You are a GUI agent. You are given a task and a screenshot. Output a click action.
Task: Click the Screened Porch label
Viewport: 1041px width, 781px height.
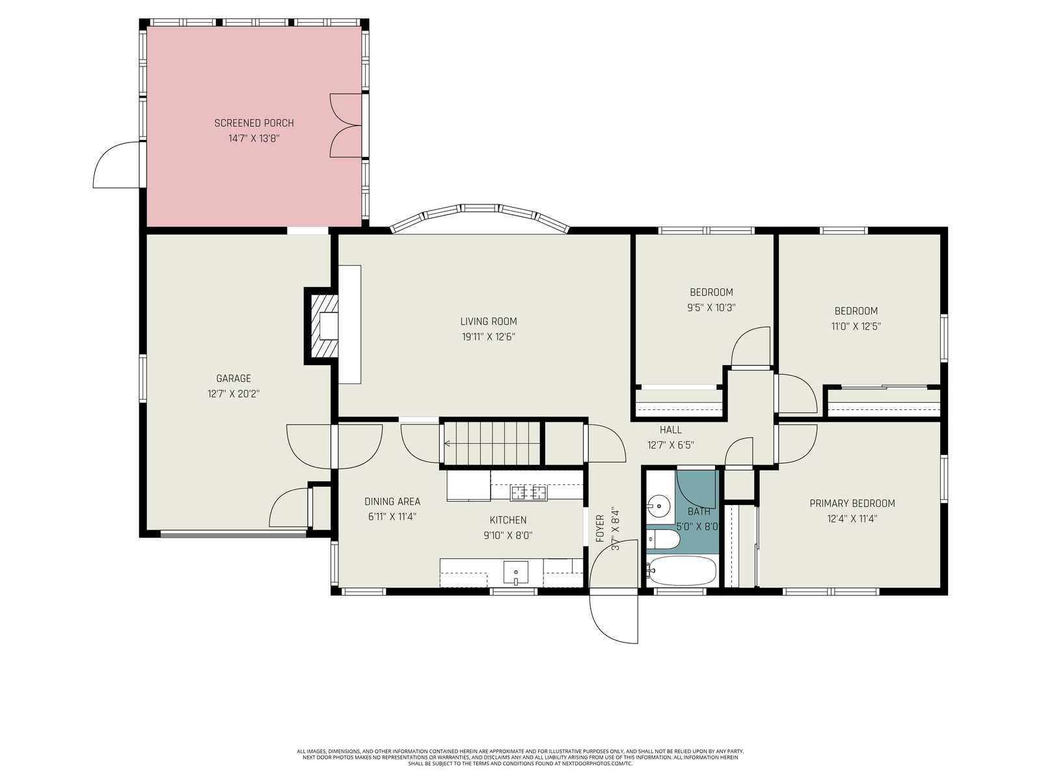click(254, 123)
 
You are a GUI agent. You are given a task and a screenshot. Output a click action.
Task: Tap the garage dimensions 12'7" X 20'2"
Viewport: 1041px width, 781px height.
click(234, 394)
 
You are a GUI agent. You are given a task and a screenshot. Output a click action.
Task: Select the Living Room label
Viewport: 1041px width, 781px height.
click(489, 322)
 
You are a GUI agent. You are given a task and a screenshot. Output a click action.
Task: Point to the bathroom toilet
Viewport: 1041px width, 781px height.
click(662, 539)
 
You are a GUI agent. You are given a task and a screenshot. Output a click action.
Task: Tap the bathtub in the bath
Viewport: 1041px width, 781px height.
click(681, 571)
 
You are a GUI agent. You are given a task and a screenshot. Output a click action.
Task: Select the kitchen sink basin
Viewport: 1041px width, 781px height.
click(515, 574)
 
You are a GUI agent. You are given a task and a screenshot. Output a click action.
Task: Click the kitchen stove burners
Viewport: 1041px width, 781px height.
click(528, 493)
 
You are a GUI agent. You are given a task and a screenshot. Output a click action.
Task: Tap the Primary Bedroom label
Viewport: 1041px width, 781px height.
click(852, 503)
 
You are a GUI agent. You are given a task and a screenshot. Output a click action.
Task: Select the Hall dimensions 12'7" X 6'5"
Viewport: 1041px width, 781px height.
click(671, 445)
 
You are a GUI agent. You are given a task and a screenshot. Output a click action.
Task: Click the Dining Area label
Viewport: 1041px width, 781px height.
click(392, 501)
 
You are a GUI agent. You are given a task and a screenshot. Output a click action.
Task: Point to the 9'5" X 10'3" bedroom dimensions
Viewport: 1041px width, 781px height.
click(711, 307)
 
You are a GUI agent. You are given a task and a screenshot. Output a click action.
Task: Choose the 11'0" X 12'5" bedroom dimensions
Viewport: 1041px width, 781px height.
click(856, 326)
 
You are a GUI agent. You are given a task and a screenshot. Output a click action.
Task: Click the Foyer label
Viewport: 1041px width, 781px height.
click(600, 528)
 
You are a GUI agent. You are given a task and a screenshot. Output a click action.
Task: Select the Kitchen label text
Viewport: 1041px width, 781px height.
click(508, 520)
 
